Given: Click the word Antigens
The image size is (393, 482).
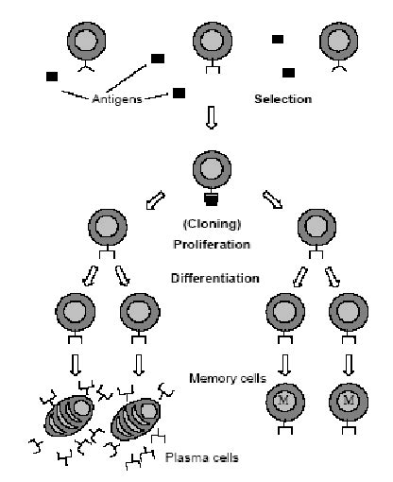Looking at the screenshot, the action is [x=117, y=99].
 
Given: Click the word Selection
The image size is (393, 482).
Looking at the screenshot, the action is [x=283, y=99].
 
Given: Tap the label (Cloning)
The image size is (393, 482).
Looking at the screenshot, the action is [x=212, y=224].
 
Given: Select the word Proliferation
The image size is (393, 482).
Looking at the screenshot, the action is [x=212, y=245].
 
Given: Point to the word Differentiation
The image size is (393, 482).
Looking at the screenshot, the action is [x=215, y=278].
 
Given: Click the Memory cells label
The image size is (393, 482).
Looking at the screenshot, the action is [x=228, y=378].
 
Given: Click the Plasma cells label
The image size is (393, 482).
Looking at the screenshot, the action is [x=202, y=457].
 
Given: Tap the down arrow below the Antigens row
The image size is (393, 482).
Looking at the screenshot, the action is [x=212, y=117].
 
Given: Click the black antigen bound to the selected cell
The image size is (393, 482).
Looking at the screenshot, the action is [x=212, y=199].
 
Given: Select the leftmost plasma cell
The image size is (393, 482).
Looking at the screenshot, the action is [x=69, y=416].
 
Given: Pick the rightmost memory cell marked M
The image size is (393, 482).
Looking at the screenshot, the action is [x=349, y=402].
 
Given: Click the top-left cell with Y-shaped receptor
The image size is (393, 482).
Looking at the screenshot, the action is [x=86, y=41].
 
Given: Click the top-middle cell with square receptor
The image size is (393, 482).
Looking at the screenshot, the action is [x=213, y=41].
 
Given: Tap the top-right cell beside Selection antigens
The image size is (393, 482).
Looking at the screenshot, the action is [x=338, y=41].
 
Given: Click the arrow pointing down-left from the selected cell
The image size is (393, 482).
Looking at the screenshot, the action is [x=156, y=199].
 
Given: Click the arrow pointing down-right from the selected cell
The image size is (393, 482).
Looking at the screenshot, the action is [x=273, y=199].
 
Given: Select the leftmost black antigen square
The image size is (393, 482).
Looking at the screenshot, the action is [x=52, y=77].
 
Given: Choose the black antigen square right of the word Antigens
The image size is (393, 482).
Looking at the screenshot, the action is [x=179, y=93].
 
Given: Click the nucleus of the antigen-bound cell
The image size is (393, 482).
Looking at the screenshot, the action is [x=212, y=169].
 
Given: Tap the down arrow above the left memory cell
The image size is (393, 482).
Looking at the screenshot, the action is [x=285, y=365].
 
